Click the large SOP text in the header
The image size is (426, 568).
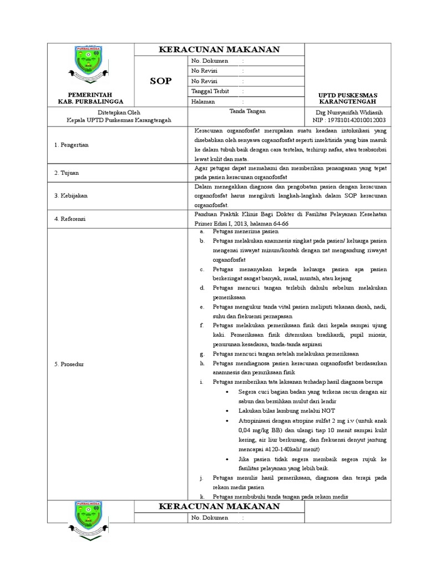[x=160, y=81]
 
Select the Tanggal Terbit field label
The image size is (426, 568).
[x=210, y=92]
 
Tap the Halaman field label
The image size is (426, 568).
[x=202, y=102]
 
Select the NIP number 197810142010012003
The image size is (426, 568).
[x=349, y=120]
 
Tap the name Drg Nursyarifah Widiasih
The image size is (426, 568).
[x=349, y=111]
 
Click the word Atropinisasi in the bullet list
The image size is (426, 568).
[x=254, y=420]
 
